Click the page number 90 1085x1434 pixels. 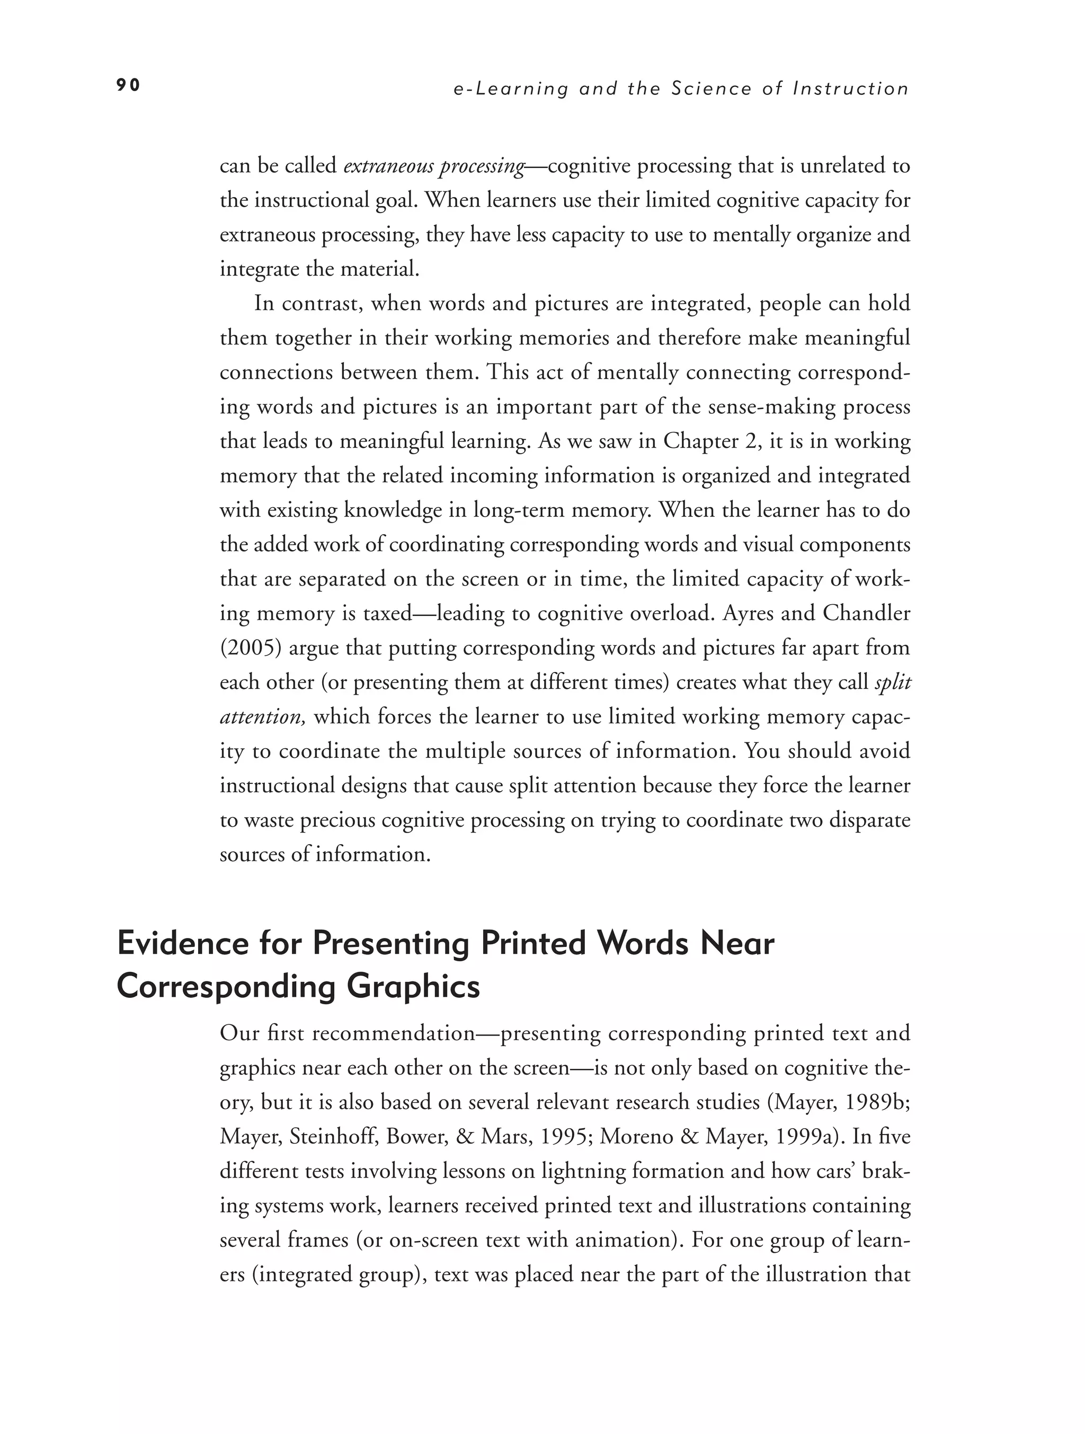point(128,85)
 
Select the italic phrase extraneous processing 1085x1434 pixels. point(433,166)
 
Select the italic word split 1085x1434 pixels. point(893,682)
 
